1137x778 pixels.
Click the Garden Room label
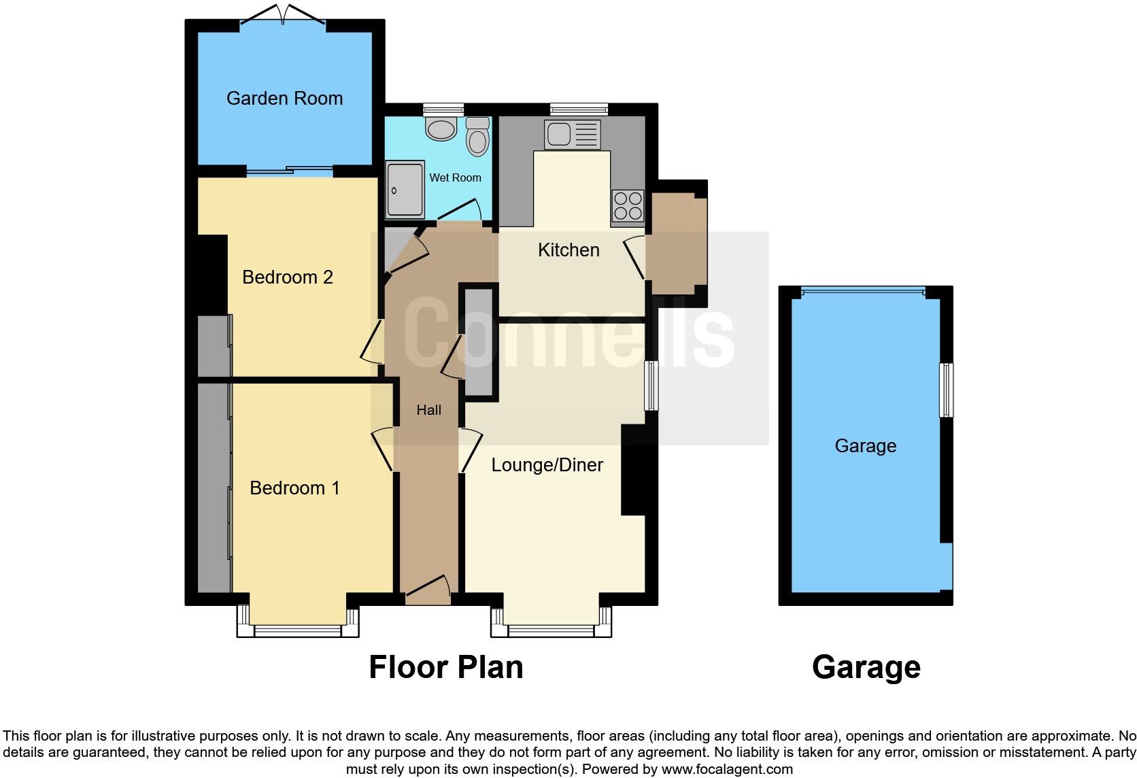click(x=284, y=99)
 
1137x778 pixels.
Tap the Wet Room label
click(x=455, y=177)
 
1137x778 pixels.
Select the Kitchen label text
click(x=568, y=250)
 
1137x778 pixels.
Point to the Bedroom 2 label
click(x=288, y=277)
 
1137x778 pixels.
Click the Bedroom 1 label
click(x=294, y=488)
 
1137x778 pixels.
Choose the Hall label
click(x=429, y=410)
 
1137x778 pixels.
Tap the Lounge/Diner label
click(x=547, y=465)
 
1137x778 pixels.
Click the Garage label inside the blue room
click(x=865, y=446)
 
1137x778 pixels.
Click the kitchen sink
click(x=573, y=135)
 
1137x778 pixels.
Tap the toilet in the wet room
click(x=478, y=138)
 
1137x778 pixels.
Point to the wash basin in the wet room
click(x=441, y=129)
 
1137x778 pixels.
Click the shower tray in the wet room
click(x=405, y=190)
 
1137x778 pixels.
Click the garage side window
click(x=946, y=390)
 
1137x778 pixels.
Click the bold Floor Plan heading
click(x=446, y=668)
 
